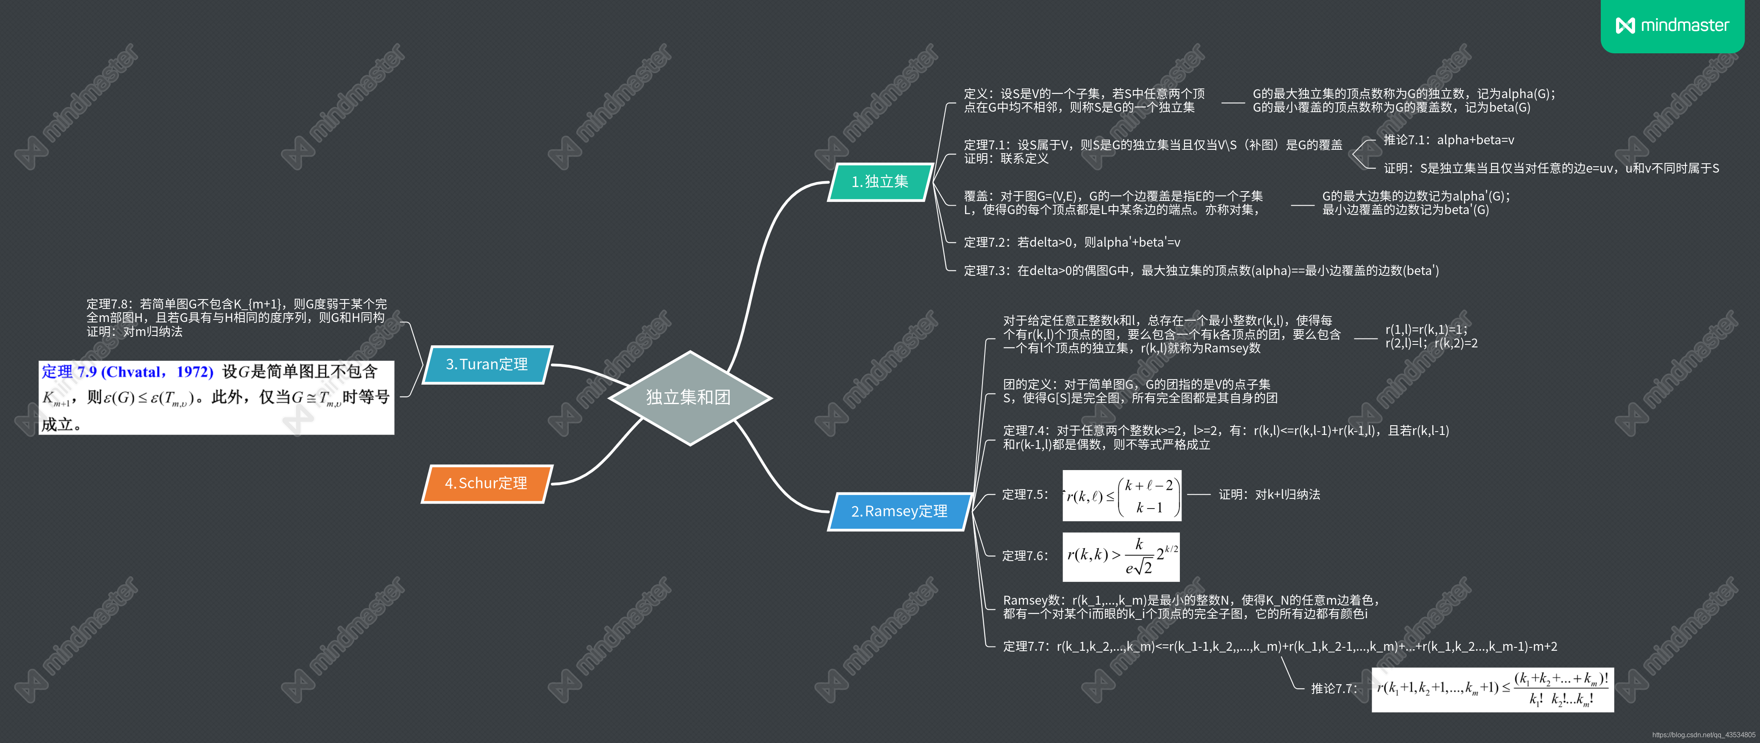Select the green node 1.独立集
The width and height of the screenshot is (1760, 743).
click(x=880, y=182)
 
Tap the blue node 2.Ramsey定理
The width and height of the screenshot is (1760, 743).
click(x=899, y=511)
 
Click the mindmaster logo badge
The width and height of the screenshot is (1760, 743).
click(x=1672, y=25)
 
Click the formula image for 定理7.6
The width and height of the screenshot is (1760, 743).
click(x=1121, y=556)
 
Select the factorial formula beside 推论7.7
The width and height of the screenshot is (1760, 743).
click(x=1492, y=689)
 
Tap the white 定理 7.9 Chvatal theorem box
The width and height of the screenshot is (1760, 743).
click(x=216, y=397)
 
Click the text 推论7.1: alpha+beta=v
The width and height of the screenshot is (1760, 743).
click(x=1448, y=140)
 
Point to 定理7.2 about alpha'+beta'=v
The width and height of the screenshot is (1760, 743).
click(x=1071, y=242)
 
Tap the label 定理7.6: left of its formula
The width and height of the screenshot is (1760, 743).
click(x=1024, y=556)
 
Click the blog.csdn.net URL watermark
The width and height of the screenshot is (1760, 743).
click(x=1702, y=735)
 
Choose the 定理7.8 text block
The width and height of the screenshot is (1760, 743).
click(x=236, y=317)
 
